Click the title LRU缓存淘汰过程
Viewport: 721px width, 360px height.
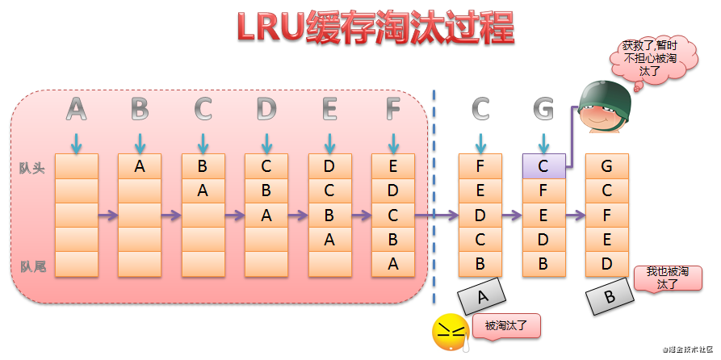pos(375,28)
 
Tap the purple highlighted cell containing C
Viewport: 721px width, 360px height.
pos(543,166)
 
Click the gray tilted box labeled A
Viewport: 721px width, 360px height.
pos(481,298)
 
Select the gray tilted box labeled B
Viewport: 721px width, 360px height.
pos(610,296)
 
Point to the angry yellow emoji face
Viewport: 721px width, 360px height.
pos(448,331)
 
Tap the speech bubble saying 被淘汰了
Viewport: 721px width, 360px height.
pos(505,326)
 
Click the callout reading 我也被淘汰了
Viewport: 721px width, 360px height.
pos(668,278)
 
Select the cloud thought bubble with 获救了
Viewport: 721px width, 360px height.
pos(654,61)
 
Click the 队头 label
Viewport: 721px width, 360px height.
pos(31,168)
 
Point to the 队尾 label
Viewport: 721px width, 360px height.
pos(33,266)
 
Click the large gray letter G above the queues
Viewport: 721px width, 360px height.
pos(543,110)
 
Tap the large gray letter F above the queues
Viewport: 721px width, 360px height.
pos(393,110)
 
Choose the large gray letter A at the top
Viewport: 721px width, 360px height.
pos(77,110)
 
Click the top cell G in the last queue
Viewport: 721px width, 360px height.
pos(606,166)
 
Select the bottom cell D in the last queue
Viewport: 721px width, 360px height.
pos(606,264)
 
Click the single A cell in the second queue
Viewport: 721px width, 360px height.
pos(140,166)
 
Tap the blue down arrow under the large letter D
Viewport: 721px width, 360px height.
pos(266,143)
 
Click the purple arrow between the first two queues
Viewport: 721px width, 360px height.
pos(108,216)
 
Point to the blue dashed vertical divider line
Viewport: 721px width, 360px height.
pos(434,197)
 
